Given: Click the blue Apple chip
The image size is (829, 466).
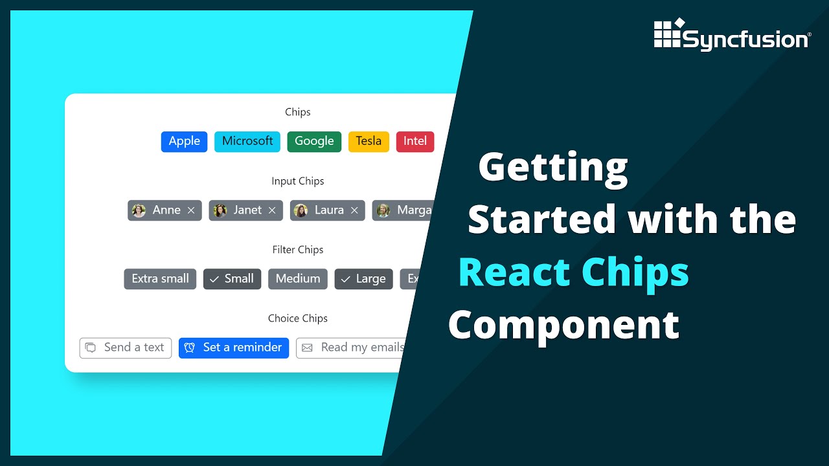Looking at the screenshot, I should point(184,141).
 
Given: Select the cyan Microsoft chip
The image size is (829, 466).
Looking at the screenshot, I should point(247,141).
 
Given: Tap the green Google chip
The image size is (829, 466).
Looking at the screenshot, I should point(314,141).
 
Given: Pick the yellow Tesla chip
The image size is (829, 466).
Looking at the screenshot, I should point(369,141).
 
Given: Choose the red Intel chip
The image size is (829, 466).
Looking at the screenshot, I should point(415,141).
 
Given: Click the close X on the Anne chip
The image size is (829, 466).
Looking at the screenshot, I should point(191,210).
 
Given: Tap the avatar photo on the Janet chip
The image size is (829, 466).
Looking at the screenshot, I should point(220,210).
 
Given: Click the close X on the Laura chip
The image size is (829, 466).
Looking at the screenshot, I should point(354,210).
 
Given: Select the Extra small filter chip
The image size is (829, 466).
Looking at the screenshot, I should point(160,279).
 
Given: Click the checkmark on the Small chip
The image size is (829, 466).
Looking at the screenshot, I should point(214,280).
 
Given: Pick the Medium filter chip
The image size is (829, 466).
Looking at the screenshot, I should point(298,279).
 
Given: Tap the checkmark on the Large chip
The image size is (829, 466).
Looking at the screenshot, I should point(346,280).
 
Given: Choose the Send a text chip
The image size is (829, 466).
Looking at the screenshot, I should point(126,348).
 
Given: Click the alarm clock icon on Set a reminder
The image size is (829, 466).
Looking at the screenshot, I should point(190,348).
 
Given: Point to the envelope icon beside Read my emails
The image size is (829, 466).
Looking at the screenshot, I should point(307,348).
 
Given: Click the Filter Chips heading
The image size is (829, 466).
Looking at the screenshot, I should point(298,250).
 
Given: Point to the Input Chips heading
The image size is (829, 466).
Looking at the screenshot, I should point(298,181).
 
